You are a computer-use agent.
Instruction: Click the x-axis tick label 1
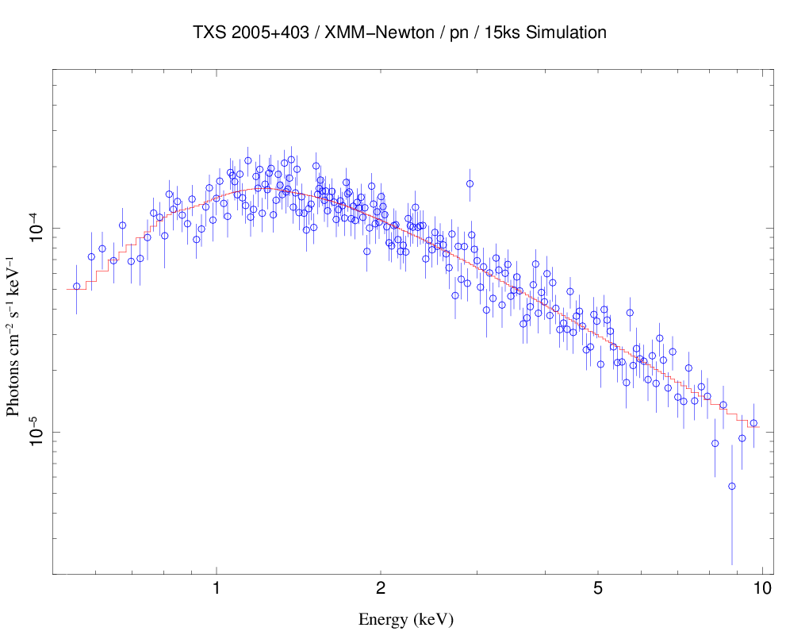tap(216, 589)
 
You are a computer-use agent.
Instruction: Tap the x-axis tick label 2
tap(381, 589)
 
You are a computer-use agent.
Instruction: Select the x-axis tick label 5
tap(598, 589)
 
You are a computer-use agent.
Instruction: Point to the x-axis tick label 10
tap(762, 589)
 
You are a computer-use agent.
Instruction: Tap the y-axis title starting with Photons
tap(13, 337)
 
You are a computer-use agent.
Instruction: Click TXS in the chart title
tap(209, 33)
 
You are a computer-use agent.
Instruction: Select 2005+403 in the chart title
tap(272, 33)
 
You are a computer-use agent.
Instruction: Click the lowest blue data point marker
tap(732, 486)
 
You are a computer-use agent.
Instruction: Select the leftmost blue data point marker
tap(77, 287)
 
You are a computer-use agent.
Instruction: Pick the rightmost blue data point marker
tap(753, 423)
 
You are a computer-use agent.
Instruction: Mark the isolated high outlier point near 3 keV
tap(470, 183)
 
